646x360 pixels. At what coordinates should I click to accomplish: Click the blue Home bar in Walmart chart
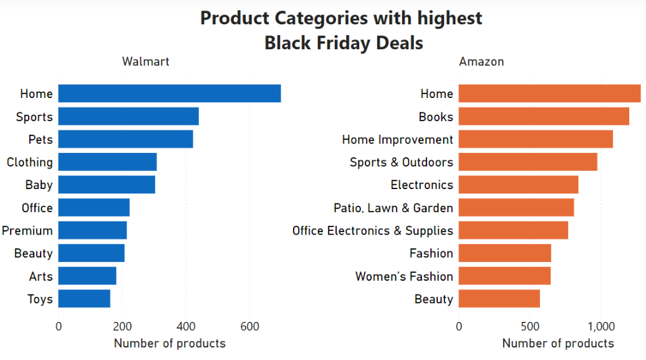click(x=170, y=94)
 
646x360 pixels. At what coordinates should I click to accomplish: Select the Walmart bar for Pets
click(x=126, y=139)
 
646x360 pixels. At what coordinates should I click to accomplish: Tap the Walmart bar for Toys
click(x=84, y=299)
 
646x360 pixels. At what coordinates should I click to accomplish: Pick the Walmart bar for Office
click(x=94, y=207)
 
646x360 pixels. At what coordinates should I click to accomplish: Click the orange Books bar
click(x=544, y=116)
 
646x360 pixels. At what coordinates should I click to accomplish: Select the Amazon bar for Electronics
click(x=518, y=185)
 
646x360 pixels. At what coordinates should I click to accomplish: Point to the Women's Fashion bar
click(x=504, y=276)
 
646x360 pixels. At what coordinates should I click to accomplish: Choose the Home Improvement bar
click(x=536, y=139)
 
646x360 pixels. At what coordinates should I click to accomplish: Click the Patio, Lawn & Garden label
click(x=393, y=208)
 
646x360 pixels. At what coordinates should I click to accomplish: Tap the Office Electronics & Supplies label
click(x=373, y=231)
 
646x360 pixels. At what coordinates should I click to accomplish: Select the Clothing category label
click(x=30, y=162)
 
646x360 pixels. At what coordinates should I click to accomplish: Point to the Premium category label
click(x=27, y=230)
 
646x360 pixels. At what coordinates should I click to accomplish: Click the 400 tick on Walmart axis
click(x=186, y=326)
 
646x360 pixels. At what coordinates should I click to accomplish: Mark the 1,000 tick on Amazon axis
click(x=601, y=327)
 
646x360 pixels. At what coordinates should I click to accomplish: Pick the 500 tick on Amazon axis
click(x=530, y=326)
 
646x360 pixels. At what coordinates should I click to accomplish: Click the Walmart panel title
click(x=146, y=61)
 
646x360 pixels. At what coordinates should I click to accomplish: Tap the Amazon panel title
click(x=481, y=61)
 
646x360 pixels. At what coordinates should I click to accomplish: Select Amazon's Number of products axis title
click(x=558, y=343)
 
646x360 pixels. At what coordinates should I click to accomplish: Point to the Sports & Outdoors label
click(x=402, y=162)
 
